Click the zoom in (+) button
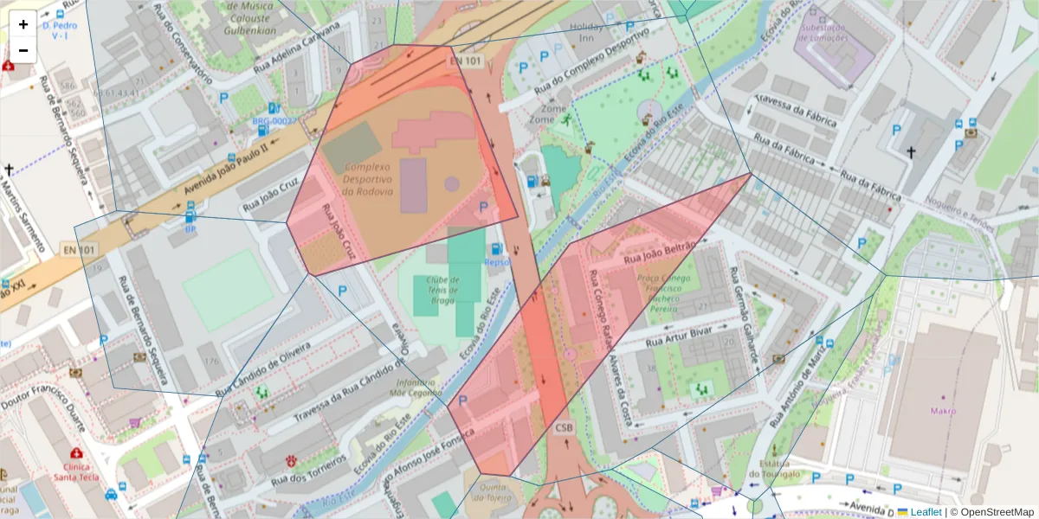tap(23, 24)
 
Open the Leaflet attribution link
tap(925, 512)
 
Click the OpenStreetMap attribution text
tap(997, 512)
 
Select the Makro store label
tap(943, 410)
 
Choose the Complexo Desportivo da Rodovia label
tap(368, 179)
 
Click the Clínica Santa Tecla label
tap(76, 471)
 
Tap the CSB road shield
tap(565, 427)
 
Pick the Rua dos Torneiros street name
tap(309, 470)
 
